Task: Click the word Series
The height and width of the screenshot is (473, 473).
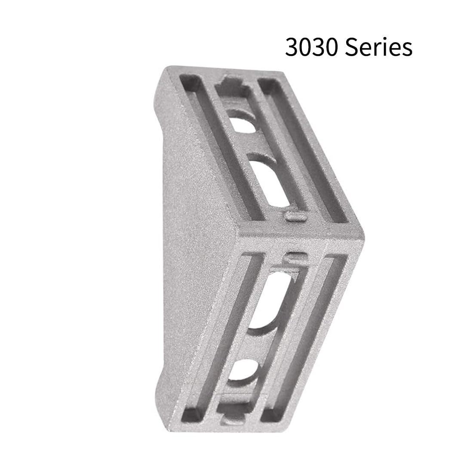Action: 379,47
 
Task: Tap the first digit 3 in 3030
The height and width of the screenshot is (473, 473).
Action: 292,47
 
